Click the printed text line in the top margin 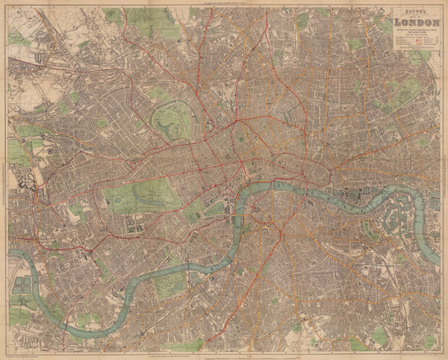click(224, 4)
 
